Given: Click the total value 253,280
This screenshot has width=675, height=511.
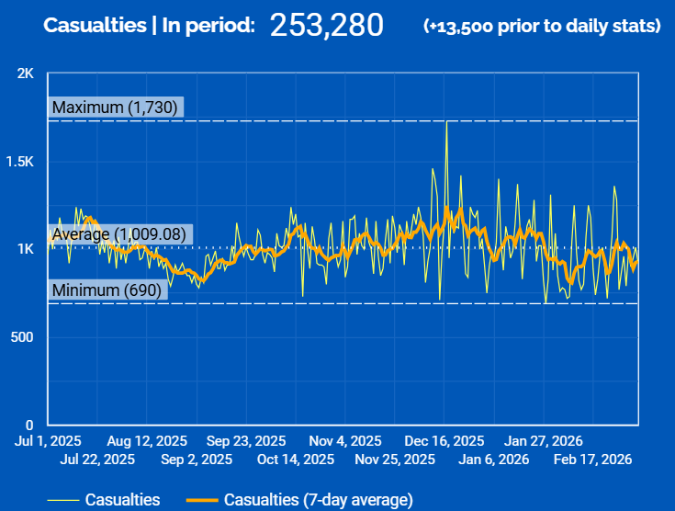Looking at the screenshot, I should pos(326,25).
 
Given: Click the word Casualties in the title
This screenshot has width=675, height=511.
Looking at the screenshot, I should pos(95,26).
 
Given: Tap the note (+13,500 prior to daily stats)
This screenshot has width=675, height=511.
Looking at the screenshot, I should pos(542,26).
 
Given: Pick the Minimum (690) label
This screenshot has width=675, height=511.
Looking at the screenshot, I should pos(107,290).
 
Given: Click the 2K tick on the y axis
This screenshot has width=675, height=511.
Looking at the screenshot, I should pos(26,74).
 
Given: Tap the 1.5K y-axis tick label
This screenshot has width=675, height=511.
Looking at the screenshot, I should pos(19,162).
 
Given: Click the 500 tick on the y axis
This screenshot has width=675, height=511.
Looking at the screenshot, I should pos(22,337).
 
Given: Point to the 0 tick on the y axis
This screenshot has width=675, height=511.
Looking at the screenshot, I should pos(30,425).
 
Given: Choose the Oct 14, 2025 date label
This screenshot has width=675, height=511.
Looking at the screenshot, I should pos(296,459).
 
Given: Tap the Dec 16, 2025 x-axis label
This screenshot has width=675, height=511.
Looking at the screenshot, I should pos(444,440).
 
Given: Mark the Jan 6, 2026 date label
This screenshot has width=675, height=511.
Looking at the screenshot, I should pos(494,459).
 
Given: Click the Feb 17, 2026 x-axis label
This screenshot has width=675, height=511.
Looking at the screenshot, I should pos(592,459).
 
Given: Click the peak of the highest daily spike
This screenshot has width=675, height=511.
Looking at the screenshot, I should pos(446,122).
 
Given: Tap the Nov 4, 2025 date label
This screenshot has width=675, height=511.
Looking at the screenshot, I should pos(345,440).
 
